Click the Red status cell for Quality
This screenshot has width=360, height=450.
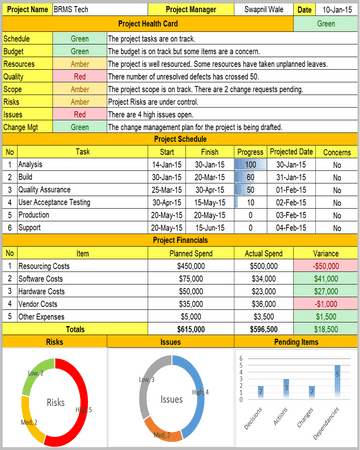pyautogui.click(x=79, y=75)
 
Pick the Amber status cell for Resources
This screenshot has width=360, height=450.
pyautogui.click(x=79, y=61)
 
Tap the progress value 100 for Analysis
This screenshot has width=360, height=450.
pyautogui.click(x=250, y=163)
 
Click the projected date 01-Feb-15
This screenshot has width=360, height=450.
pyautogui.click(x=290, y=189)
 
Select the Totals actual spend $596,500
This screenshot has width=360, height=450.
pyautogui.click(x=263, y=329)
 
